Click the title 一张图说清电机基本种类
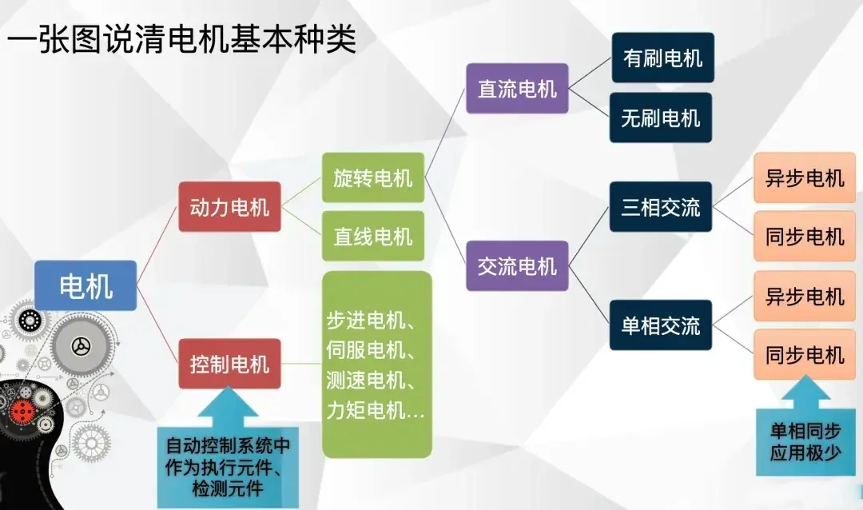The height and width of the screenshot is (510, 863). tap(182, 38)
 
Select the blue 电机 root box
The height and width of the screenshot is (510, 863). tap(86, 285)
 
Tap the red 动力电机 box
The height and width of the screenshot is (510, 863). tap(229, 208)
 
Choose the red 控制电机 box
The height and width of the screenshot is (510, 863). tap(229, 365)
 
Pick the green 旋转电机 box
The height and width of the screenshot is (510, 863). tap(372, 177)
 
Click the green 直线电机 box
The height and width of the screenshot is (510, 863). tap(372, 237)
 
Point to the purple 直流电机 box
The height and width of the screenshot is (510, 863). tap(517, 88)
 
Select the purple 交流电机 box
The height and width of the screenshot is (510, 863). tap(517, 265)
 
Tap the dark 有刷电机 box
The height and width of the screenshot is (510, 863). tap(662, 58)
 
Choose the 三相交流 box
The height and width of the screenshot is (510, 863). tap(660, 207)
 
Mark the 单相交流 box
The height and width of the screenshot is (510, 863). tap(660, 325)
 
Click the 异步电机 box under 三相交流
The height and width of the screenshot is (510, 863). tap(805, 177)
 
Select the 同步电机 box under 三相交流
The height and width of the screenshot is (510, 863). tap(805, 237)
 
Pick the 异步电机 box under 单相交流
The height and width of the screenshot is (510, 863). tap(805, 296)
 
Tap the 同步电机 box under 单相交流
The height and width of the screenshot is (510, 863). tap(805, 355)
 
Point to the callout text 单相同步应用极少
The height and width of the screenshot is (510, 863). tap(805, 441)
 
